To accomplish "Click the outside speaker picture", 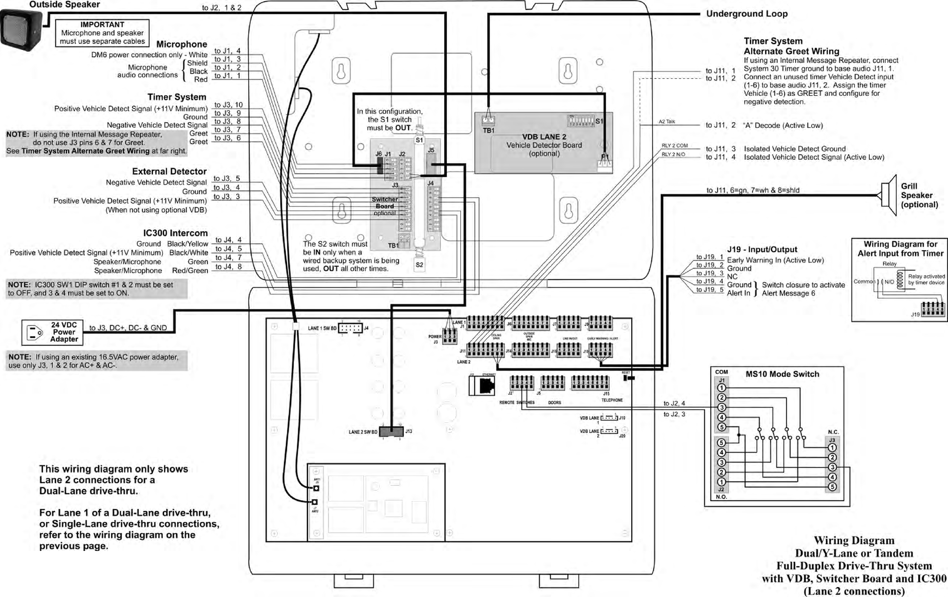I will (x=21, y=30).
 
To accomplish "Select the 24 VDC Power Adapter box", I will (x=52, y=332).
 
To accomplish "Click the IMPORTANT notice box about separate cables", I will (x=102, y=33).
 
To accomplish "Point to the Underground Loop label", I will (x=747, y=14).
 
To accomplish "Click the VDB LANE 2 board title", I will (x=544, y=137).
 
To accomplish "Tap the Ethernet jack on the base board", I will (x=482, y=385).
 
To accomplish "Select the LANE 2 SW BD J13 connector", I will (x=391, y=432).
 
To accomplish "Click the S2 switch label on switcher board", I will (x=419, y=265).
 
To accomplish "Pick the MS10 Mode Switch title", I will (x=782, y=374).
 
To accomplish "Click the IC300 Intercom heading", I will (x=175, y=233).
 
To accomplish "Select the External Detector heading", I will (x=169, y=171).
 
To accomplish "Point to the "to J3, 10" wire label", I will (x=228, y=105).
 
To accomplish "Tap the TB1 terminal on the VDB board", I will (x=488, y=121).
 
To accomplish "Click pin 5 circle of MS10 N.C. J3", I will (x=832, y=487).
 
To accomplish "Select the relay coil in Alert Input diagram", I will (x=900, y=280).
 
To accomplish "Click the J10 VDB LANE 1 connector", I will (x=609, y=418).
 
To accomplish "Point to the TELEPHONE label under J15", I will (x=612, y=400).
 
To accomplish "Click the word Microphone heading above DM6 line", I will (x=182, y=44).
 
